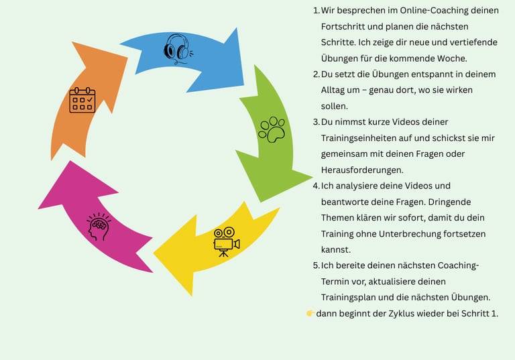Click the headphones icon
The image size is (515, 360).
(x=177, y=48)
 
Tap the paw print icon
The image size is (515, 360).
(x=272, y=129)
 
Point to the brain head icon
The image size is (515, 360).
(x=98, y=227)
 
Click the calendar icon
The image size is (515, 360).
(x=82, y=100)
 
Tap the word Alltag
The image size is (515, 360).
(x=335, y=90)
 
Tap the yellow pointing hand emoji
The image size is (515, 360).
(x=310, y=313)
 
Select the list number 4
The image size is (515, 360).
(x=316, y=186)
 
